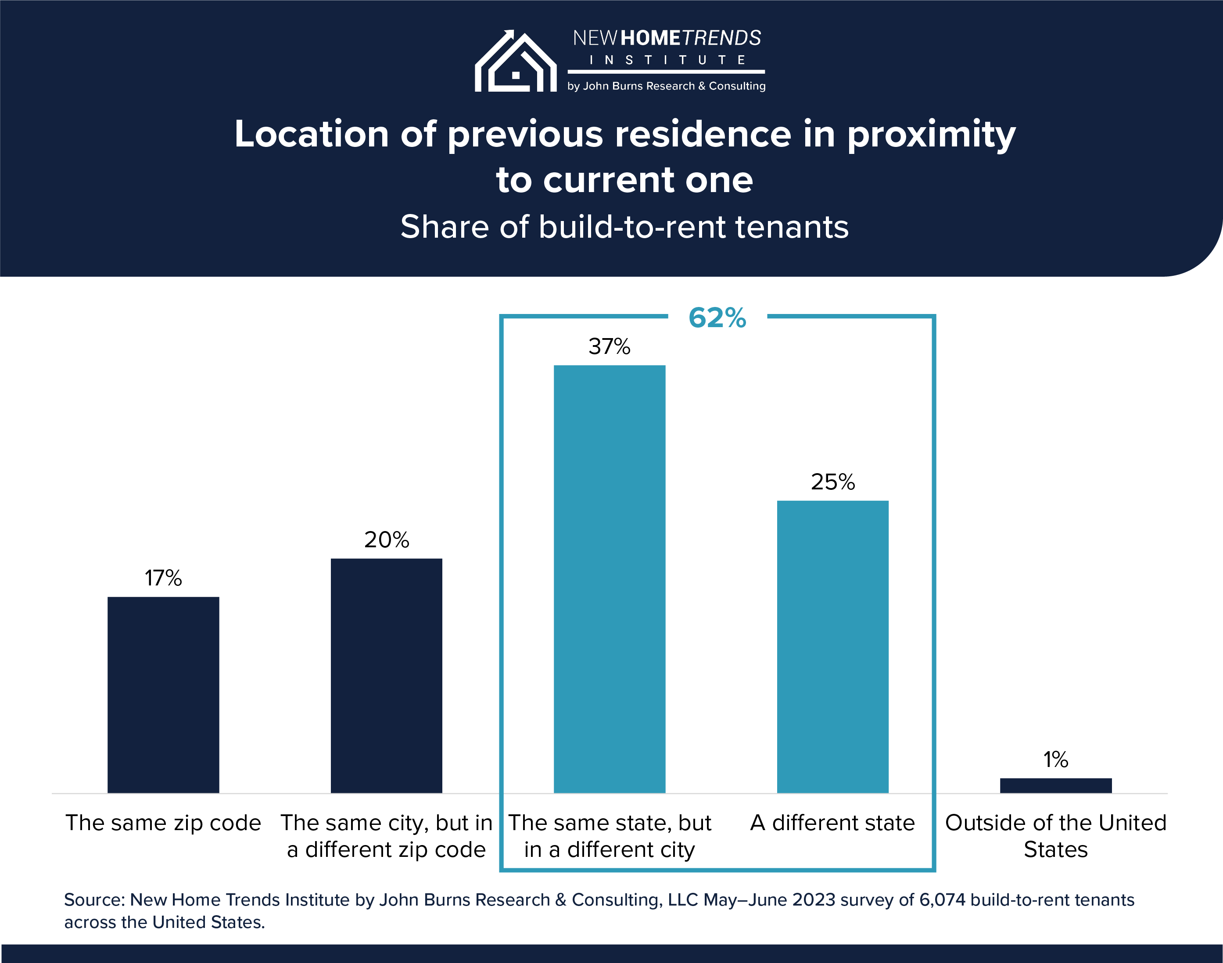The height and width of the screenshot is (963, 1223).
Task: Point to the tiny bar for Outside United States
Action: pyautogui.click(x=1055, y=785)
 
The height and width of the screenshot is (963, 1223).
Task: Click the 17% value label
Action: pyautogui.click(x=163, y=578)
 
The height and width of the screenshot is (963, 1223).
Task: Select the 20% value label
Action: pyautogui.click(x=387, y=539)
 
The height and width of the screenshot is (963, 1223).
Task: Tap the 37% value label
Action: pyautogui.click(x=609, y=346)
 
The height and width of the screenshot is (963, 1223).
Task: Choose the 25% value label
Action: pyautogui.click(x=832, y=482)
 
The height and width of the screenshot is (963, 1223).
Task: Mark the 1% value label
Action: pyautogui.click(x=1055, y=760)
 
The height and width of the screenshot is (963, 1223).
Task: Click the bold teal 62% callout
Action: pyautogui.click(x=717, y=317)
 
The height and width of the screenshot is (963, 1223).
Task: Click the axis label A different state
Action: pyautogui.click(x=832, y=823)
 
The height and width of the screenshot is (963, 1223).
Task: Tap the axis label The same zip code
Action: pyautogui.click(x=163, y=823)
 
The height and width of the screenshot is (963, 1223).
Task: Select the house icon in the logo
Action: pyautogui.click(x=515, y=62)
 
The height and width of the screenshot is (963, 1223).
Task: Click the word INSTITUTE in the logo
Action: pyautogui.click(x=667, y=60)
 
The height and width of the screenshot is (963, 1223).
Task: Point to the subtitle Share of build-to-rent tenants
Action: pyautogui.click(x=624, y=227)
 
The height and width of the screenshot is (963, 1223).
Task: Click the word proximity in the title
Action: pyautogui.click(x=931, y=136)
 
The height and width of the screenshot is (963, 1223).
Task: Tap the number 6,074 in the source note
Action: pyautogui.click(x=942, y=899)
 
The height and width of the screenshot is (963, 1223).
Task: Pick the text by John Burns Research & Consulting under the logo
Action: pyautogui.click(x=666, y=86)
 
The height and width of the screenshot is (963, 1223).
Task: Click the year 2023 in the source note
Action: pyautogui.click(x=814, y=899)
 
